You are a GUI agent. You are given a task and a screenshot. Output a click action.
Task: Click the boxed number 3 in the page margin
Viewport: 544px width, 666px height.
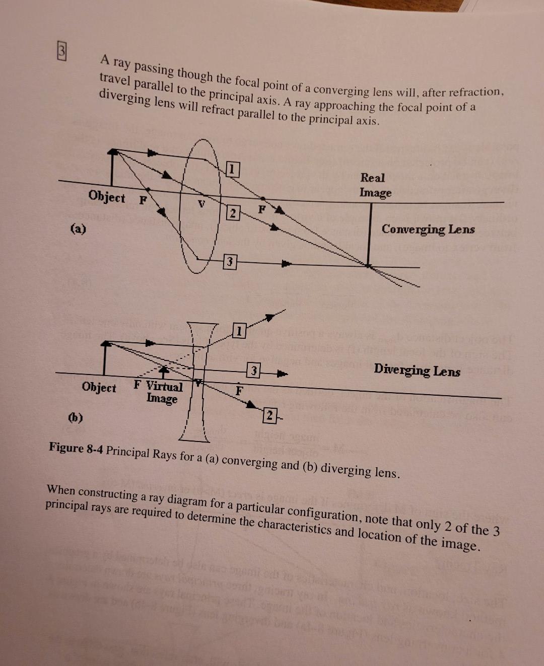click(x=62, y=51)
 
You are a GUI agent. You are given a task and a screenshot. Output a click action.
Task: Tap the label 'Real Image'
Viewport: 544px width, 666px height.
click(x=375, y=185)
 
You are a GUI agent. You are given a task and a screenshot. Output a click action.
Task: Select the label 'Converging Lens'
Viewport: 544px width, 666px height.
click(x=428, y=229)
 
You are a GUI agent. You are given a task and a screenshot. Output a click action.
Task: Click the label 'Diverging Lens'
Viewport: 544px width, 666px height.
click(x=417, y=370)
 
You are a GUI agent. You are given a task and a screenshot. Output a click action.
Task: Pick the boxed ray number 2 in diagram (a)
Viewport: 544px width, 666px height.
click(x=233, y=213)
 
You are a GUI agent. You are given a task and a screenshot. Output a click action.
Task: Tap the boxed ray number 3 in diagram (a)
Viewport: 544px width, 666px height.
click(x=230, y=261)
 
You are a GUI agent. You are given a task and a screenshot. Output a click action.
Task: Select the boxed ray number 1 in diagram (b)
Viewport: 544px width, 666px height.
click(x=239, y=331)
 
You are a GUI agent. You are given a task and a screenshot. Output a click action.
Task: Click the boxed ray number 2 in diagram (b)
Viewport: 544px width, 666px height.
click(x=269, y=415)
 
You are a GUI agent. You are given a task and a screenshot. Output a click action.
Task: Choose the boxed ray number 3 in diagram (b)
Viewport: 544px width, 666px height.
click(x=253, y=371)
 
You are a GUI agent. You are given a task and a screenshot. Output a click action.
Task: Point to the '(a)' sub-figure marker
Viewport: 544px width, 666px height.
click(x=78, y=229)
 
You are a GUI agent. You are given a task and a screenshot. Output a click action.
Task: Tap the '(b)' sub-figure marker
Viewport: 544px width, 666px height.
click(x=76, y=418)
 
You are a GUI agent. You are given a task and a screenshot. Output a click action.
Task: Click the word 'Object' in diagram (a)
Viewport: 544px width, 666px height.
click(x=107, y=196)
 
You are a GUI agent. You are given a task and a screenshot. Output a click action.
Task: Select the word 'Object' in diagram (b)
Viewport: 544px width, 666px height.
click(x=99, y=387)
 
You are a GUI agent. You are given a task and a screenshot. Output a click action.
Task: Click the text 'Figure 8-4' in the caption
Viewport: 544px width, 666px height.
click(x=76, y=448)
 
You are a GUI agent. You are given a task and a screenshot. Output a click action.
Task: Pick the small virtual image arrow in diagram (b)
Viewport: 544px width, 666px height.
click(x=163, y=372)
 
